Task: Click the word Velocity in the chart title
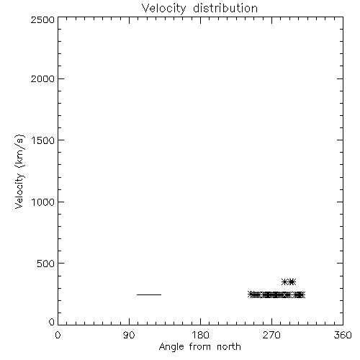click(164, 9)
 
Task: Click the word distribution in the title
click(225, 8)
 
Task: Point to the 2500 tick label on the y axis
click(42, 19)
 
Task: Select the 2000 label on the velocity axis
click(42, 78)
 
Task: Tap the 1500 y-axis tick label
click(43, 140)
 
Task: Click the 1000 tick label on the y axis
click(43, 202)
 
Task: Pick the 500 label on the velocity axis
click(46, 264)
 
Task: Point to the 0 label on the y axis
click(52, 322)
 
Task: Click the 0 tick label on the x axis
click(58, 335)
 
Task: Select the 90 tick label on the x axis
click(129, 335)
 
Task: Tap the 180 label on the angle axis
click(200, 335)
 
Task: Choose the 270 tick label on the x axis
click(271, 335)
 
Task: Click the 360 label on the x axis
click(343, 335)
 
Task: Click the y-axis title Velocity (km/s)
click(19, 171)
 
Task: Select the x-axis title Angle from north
click(200, 347)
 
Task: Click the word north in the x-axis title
click(229, 346)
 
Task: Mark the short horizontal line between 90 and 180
click(149, 294)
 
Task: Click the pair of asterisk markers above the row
click(289, 282)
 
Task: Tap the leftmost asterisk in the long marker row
click(251, 294)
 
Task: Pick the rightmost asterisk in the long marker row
click(302, 294)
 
